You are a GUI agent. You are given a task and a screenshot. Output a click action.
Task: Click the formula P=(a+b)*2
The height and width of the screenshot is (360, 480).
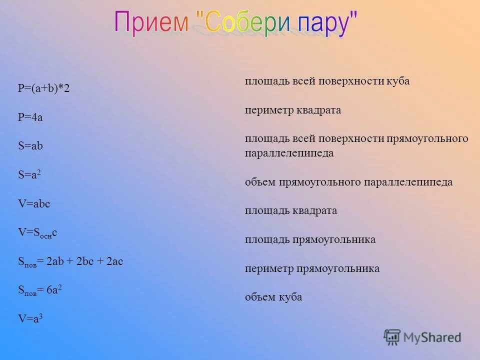[43, 89]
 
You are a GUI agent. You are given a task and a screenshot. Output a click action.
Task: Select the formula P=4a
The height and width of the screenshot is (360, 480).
[30, 117]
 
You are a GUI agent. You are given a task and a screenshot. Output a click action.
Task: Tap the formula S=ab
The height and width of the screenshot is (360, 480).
[30, 146]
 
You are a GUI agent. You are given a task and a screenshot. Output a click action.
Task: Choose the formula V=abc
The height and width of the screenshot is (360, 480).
[34, 204]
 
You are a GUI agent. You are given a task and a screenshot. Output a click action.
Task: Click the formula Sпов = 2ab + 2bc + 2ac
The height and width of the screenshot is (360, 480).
[70, 261]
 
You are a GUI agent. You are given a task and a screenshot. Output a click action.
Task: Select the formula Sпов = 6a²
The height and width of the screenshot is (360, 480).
[40, 290]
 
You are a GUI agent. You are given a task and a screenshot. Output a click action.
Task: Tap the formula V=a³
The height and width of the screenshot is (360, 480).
[30, 318]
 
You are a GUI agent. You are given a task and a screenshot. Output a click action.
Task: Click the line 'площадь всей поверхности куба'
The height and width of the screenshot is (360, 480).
[327, 81]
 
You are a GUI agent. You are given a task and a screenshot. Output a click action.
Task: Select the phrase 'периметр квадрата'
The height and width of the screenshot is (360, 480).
[292, 110]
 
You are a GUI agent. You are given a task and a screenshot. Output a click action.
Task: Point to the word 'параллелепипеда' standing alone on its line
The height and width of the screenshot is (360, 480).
[289, 153]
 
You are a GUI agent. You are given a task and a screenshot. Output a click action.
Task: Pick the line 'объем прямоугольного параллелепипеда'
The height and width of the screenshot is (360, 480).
[348, 182]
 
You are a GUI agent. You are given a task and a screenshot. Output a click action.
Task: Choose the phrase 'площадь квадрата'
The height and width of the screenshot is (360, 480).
[290, 210]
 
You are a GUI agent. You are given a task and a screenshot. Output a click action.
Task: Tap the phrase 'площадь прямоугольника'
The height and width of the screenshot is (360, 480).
[310, 239]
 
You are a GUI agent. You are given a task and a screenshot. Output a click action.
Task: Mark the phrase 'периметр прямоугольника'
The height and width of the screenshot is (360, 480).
[312, 268]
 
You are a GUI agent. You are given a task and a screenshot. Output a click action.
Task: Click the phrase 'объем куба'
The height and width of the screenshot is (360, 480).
[273, 297]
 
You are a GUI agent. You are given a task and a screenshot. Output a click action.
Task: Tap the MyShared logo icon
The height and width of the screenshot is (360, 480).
[392, 337]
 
